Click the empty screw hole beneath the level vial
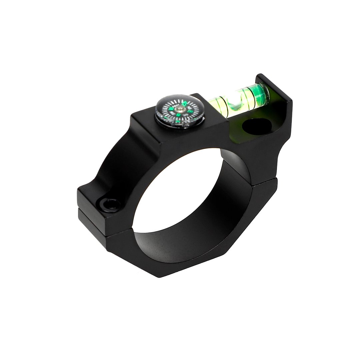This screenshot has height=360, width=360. pos(257,127)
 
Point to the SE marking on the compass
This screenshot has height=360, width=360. pos(185,115)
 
